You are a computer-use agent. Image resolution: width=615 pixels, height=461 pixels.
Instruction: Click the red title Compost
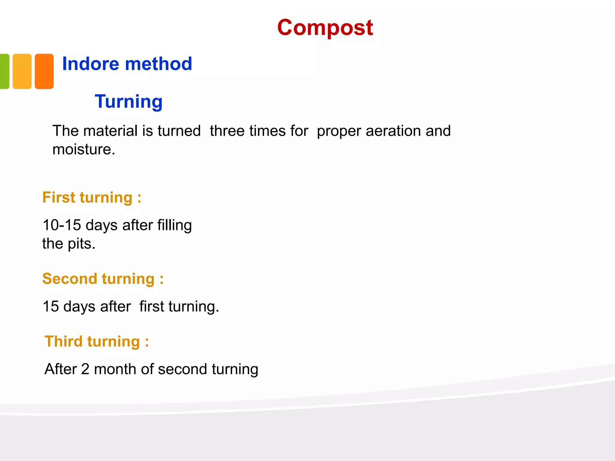click(x=325, y=28)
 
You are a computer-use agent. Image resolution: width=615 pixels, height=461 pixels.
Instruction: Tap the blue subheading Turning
click(x=129, y=101)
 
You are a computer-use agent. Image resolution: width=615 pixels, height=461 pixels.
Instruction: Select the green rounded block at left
click(x=4, y=71)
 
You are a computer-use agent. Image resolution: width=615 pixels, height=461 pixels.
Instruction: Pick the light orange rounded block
click(x=22, y=71)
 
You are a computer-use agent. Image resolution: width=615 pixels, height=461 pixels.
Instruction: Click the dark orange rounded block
click(x=44, y=71)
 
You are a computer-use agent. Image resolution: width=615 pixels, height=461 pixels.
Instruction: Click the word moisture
click(x=83, y=149)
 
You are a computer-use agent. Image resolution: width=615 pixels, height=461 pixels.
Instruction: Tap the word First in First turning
click(x=59, y=197)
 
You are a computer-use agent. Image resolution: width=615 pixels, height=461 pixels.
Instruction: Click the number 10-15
click(x=62, y=225)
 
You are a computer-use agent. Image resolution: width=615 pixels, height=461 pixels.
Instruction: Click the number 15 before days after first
click(x=51, y=306)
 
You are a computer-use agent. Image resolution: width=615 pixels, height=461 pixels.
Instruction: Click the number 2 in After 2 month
click(x=85, y=369)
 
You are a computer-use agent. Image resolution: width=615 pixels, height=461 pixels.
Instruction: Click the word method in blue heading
click(x=158, y=64)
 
